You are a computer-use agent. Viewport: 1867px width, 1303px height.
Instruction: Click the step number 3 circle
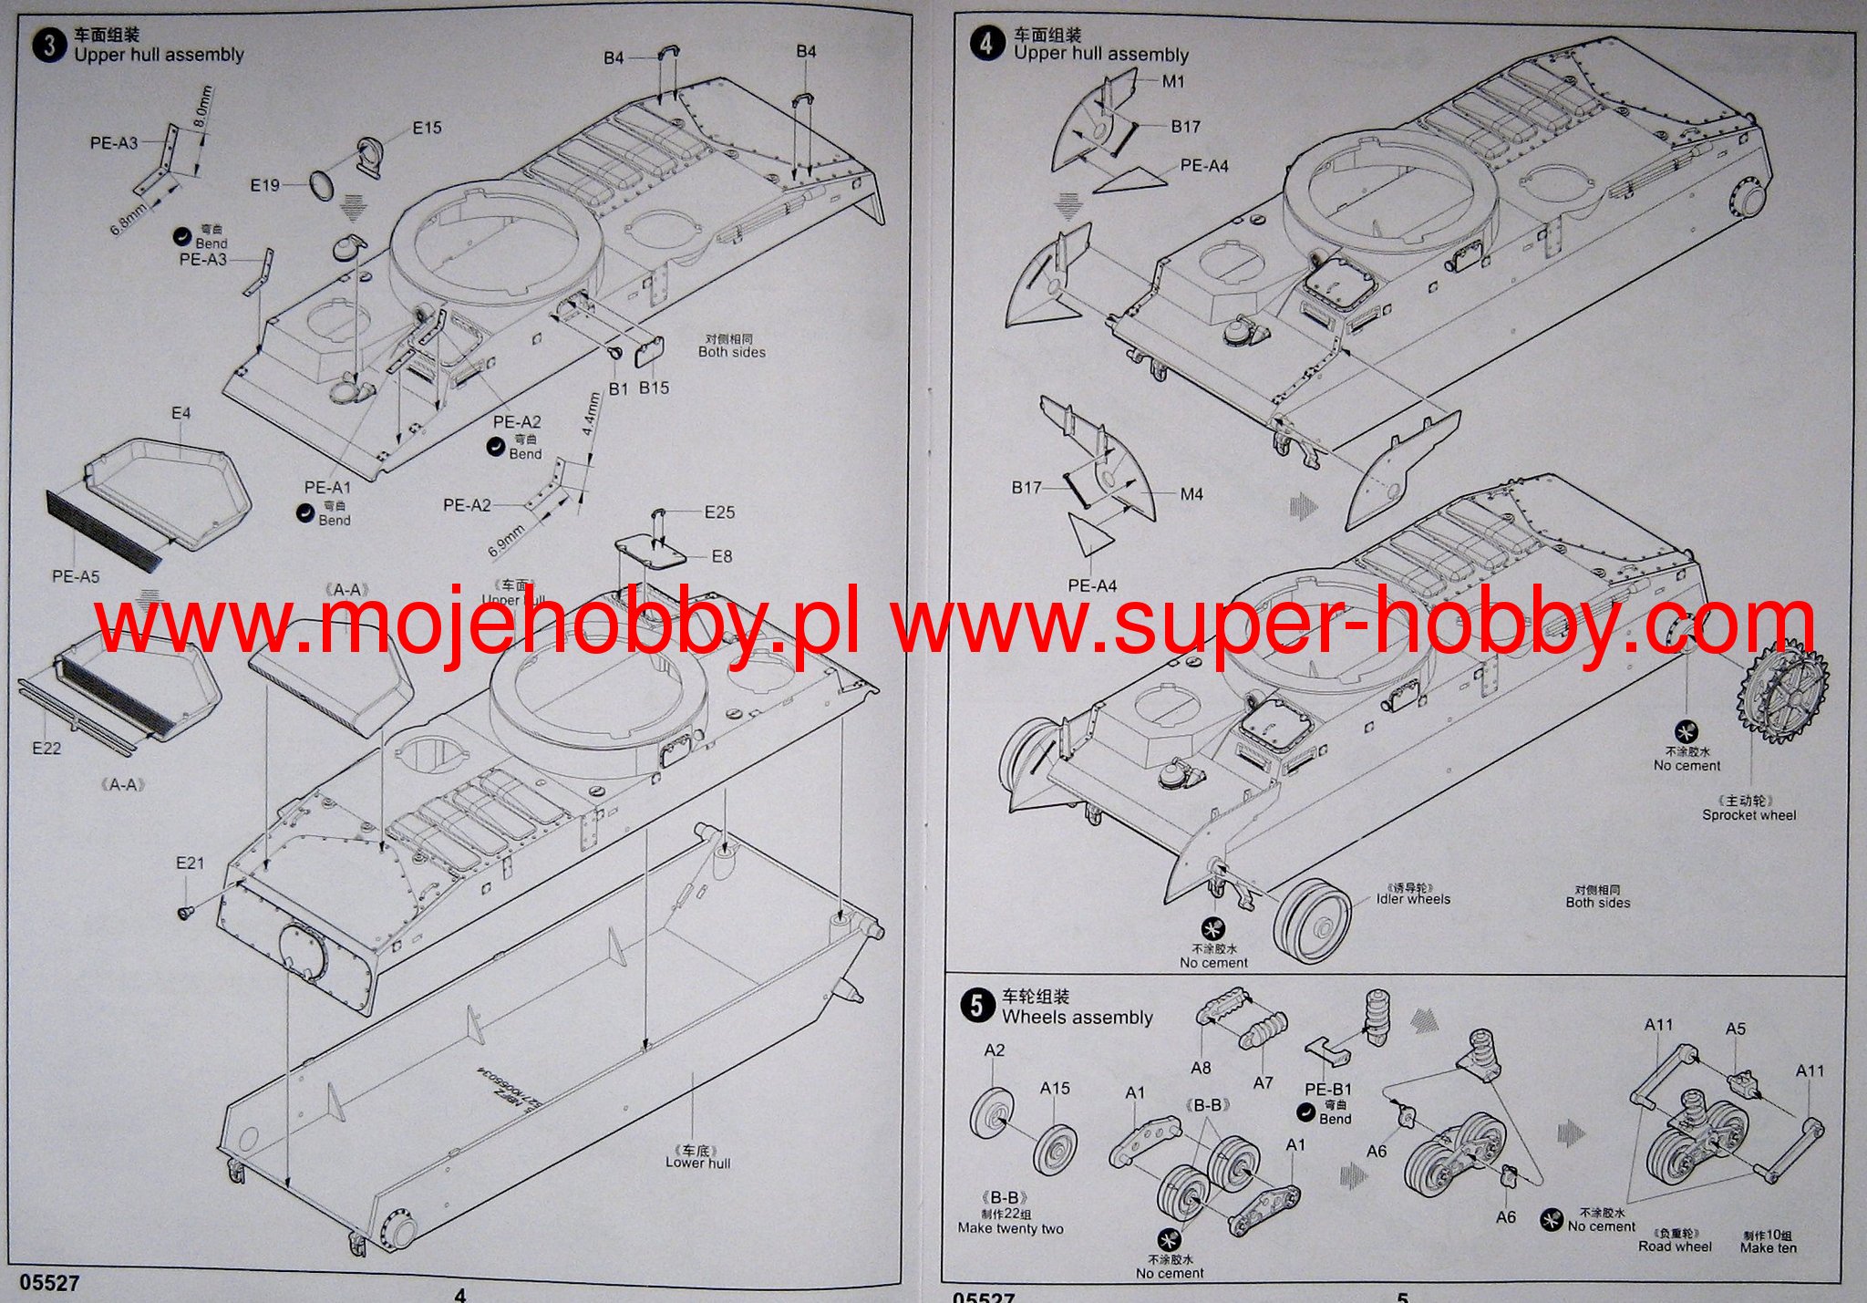click(x=49, y=45)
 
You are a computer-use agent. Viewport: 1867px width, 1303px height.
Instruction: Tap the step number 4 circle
click(x=987, y=43)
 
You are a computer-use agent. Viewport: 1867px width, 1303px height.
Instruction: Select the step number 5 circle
click(x=977, y=1006)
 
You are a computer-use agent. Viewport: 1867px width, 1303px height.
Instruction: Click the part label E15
click(x=427, y=128)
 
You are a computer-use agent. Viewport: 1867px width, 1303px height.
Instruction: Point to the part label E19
click(x=265, y=185)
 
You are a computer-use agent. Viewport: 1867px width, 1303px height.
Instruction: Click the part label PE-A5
click(x=76, y=576)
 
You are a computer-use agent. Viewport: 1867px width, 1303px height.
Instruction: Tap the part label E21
click(x=191, y=863)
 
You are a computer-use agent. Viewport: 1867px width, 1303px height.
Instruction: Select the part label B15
click(x=654, y=388)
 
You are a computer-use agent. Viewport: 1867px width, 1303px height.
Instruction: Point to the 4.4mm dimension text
click(x=591, y=414)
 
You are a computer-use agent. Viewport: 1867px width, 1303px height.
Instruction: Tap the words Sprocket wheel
click(x=1748, y=815)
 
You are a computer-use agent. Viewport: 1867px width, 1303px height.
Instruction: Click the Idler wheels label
click(x=1413, y=899)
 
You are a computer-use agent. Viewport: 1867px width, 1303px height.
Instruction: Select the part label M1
click(x=1173, y=81)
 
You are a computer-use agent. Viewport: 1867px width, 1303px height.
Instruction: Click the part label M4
click(x=1191, y=494)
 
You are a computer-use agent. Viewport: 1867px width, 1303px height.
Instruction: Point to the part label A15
click(x=1055, y=1088)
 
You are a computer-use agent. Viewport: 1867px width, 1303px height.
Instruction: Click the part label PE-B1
click(x=1328, y=1089)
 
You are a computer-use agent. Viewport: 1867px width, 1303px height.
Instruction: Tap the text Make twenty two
click(x=1010, y=1228)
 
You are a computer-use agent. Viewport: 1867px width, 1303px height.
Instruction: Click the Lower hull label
click(x=697, y=1163)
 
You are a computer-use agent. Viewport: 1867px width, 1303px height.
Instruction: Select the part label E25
click(x=719, y=512)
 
